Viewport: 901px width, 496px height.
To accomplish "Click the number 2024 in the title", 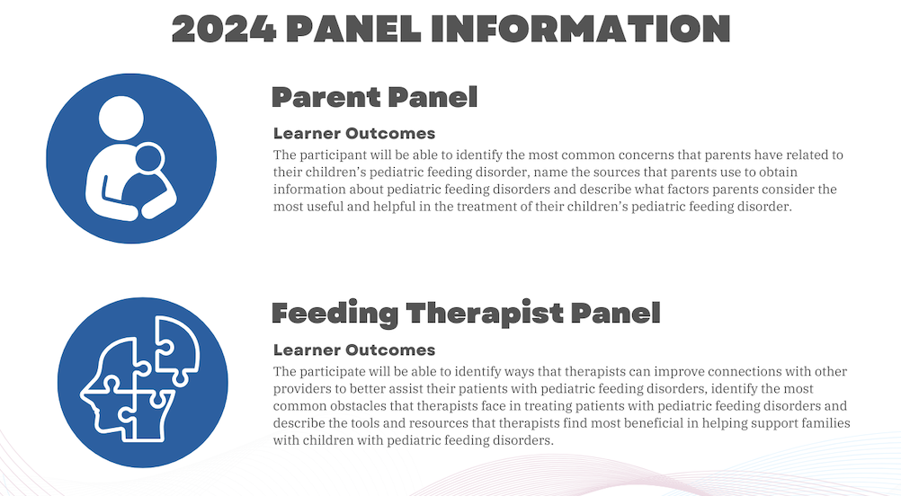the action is pos(224,29).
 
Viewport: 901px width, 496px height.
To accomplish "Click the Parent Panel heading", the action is pos(374,97).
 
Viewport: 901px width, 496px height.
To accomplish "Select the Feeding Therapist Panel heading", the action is pos(466,314).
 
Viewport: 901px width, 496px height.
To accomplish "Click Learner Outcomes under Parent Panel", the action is pos(354,133).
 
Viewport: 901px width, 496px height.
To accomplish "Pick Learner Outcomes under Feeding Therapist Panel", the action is pos(354,350).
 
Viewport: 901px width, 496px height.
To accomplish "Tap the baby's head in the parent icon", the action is pos(148,158).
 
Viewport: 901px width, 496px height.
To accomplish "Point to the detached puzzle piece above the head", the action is pos(176,349).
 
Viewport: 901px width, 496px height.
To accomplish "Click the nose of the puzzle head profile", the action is pos(85,394).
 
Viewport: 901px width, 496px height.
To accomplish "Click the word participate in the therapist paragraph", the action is pos(334,372).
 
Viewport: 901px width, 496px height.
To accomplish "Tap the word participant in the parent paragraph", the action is pos(334,155).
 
